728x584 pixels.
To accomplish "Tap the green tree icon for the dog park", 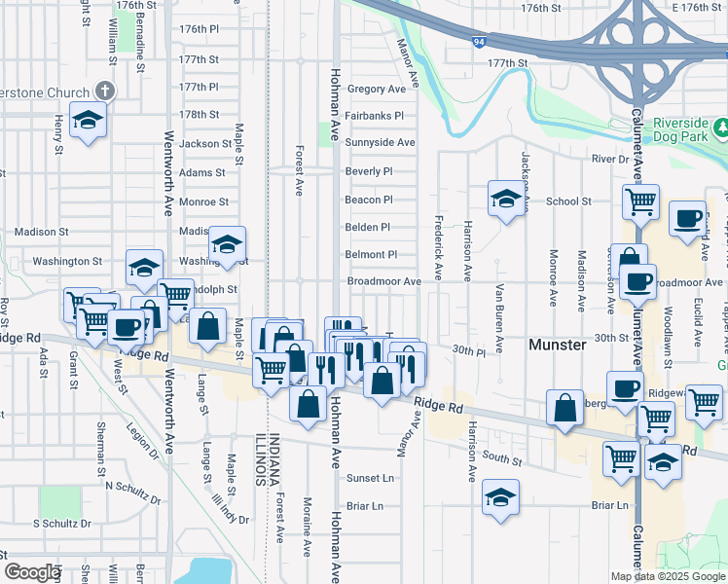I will tap(721, 128).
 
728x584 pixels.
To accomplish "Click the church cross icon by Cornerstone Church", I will tap(104, 91).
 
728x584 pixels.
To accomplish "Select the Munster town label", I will tap(557, 345).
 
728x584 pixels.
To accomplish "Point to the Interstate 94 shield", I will tap(479, 41).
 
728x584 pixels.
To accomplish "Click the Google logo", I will tap(31, 572).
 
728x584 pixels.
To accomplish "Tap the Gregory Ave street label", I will tap(376, 89).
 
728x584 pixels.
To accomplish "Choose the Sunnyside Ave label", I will tap(380, 143).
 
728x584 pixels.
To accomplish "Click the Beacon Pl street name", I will tap(368, 200).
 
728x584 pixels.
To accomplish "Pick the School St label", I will tap(568, 201).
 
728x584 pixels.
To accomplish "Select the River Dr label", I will tap(610, 159).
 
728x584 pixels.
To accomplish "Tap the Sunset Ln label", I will tap(370, 478).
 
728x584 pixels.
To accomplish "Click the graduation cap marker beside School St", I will tap(505, 201).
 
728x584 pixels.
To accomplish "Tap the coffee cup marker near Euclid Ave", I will tap(688, 219).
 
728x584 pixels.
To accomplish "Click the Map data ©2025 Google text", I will tap(668, 576).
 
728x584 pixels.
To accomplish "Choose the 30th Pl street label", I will tap(469, 350).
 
